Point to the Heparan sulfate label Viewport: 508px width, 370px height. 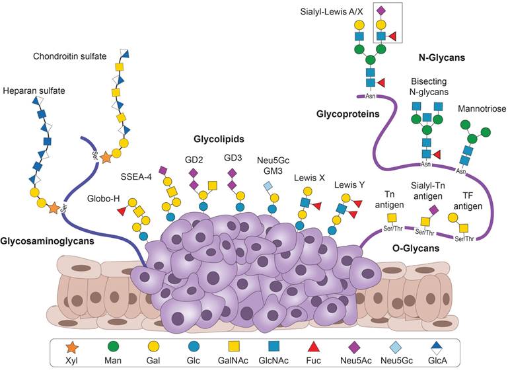(x=32, y=90)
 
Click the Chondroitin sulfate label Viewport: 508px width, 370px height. (x=70, y=56)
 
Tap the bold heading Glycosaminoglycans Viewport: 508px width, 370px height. (x=47, y=242)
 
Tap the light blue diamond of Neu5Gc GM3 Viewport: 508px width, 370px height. (x=270, y=188)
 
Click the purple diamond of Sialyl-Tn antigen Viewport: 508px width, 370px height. (x=433, y=209)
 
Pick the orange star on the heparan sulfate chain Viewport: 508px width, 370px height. (x=53, y=208)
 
